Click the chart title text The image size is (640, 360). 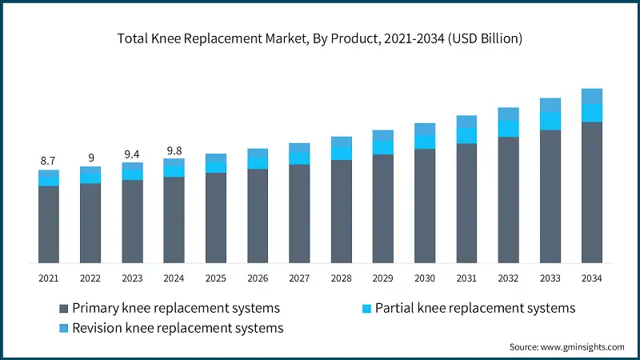[320, 38]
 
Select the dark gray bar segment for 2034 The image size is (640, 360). [591, 192]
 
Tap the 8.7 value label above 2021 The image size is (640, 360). [48, 162]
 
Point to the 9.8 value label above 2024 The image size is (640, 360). [174, 150]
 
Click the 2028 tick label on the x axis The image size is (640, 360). [341, 278]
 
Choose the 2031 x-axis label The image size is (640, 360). [466, 278]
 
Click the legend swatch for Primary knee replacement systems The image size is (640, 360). [64, 308]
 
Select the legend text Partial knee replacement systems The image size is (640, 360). [475, 308]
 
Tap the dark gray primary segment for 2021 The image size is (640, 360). [49, 224]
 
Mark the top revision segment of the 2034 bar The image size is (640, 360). [591, 96]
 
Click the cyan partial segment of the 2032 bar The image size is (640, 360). [508, 129]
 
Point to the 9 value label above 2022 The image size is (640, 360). [90, 158]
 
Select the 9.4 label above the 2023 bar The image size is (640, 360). [132, 154]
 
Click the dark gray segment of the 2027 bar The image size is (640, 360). [299, 214]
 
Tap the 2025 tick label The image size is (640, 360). [216, 278]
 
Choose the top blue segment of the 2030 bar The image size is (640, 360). [425, 129]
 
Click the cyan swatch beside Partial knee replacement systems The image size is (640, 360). [366, 308]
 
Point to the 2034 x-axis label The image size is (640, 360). [591, 278]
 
